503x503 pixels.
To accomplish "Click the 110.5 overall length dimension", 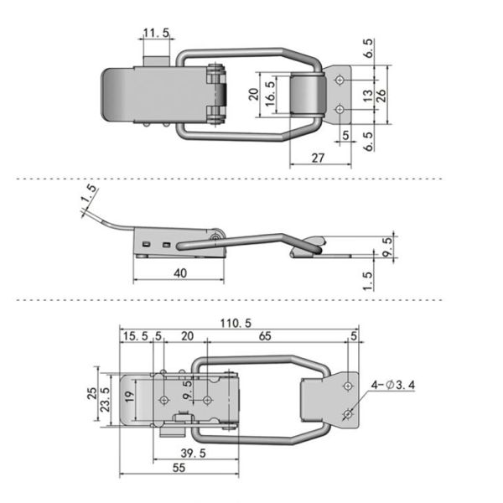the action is click(x=236, y=323).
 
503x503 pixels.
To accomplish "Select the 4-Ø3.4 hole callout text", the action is click(x=393, y=385).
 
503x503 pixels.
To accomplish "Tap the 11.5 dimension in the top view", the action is click(x=156, y=33).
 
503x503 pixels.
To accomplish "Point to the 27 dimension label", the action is click(x=318, y=158).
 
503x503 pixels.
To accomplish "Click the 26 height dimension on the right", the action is click(x=381, y=96).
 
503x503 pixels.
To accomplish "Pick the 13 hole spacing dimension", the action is click(x=368, y=96).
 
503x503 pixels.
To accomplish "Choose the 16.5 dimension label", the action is click(x=271, y=94).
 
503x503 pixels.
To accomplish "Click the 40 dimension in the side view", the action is click(x=180, y=273).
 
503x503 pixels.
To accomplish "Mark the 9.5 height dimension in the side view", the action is click(x=388, y=246).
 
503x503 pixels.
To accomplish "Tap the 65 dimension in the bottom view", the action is click(x=265, y=336).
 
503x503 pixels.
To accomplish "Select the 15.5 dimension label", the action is click(x=136, y=336).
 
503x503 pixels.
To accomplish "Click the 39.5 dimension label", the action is click(x=193, y=454).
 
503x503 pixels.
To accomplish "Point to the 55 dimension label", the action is click(x=179, y=468).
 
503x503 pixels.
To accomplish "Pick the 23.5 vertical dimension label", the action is click(x=105, y=399).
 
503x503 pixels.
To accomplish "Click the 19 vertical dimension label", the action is click(x=129, y=397).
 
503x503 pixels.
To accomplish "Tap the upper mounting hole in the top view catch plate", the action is click(x=340, y=80).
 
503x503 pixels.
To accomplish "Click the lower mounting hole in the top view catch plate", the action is click(x=340, y=110).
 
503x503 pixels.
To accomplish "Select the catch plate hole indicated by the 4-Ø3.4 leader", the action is click(x=348, y=414).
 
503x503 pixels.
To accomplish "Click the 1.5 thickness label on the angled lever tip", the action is click(x=89, y=194).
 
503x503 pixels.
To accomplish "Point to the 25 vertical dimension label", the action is click(x=92, y=393).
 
